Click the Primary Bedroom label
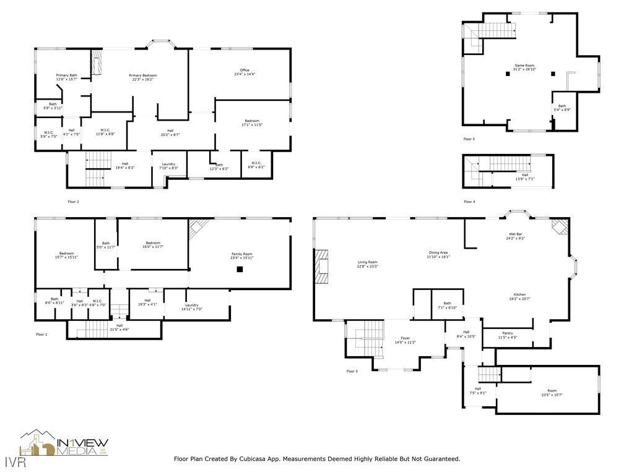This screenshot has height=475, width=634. [143, 75]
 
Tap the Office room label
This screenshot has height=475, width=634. [245, 70]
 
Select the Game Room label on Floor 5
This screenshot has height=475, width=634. [524, 66]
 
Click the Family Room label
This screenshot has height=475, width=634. [243, 254]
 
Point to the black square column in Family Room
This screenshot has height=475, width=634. [240, 269]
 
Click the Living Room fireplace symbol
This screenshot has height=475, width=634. [322, 266]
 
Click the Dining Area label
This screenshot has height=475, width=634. [438, 252]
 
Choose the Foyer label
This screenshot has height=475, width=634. [405, 338]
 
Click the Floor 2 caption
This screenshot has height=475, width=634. [73, 202]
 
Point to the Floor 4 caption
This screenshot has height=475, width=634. [469, 202]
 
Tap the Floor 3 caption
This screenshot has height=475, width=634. [352, 371]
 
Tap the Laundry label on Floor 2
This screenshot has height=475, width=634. [169, 164]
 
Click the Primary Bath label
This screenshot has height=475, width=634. [66, 75]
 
